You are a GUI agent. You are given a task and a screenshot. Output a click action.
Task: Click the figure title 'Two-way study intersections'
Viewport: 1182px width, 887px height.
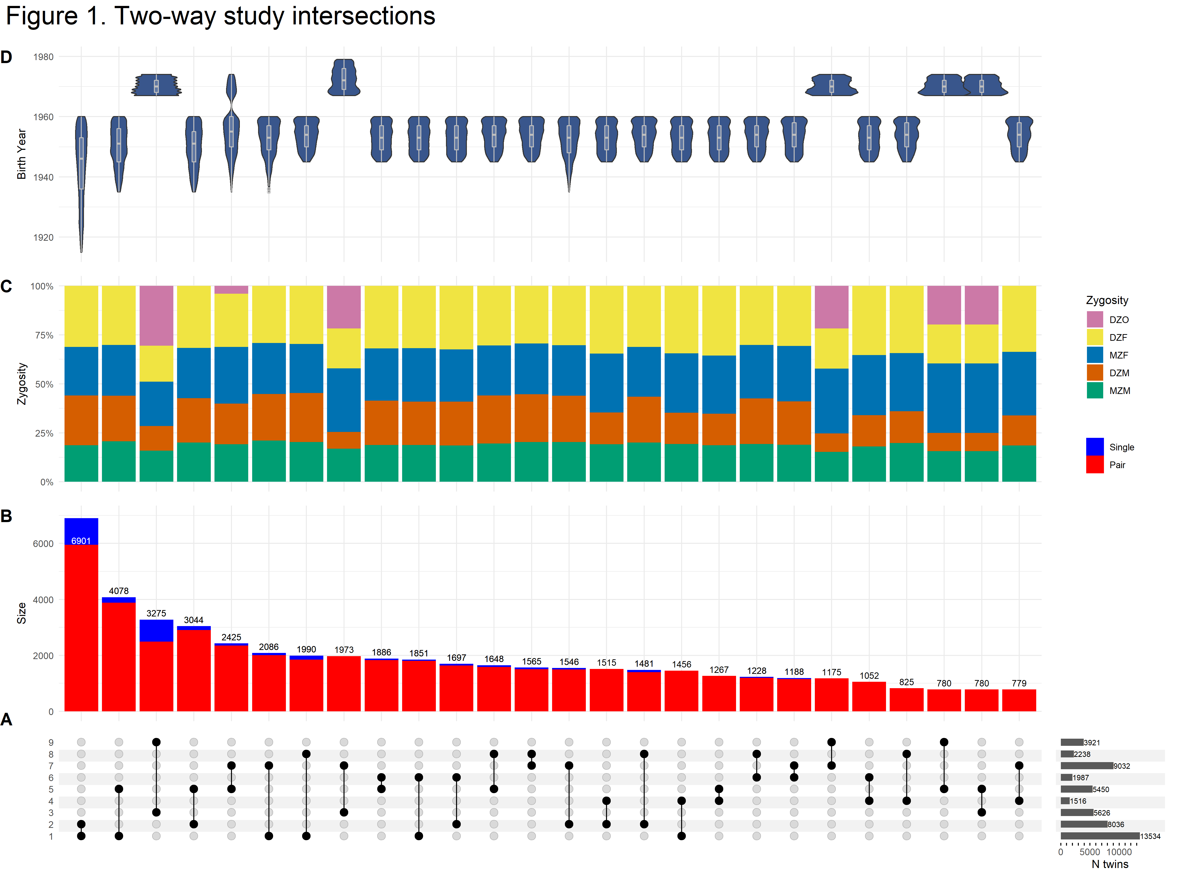(x=220, y=16)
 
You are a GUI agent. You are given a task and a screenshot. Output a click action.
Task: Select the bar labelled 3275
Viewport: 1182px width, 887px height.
(x=156, y=666)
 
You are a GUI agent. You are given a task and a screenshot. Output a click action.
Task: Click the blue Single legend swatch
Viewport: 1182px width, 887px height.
(x=1094, y=446)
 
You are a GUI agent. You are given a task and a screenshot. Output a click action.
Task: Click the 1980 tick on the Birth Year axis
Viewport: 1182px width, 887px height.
(x=43, y=57)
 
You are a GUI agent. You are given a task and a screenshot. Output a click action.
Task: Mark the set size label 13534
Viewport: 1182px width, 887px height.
(x=1150, y=836)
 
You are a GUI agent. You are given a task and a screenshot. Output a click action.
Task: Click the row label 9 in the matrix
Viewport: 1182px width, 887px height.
(x=51, y=742)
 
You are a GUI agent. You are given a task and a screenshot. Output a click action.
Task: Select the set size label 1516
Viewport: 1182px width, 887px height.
(x=1078, y=801)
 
